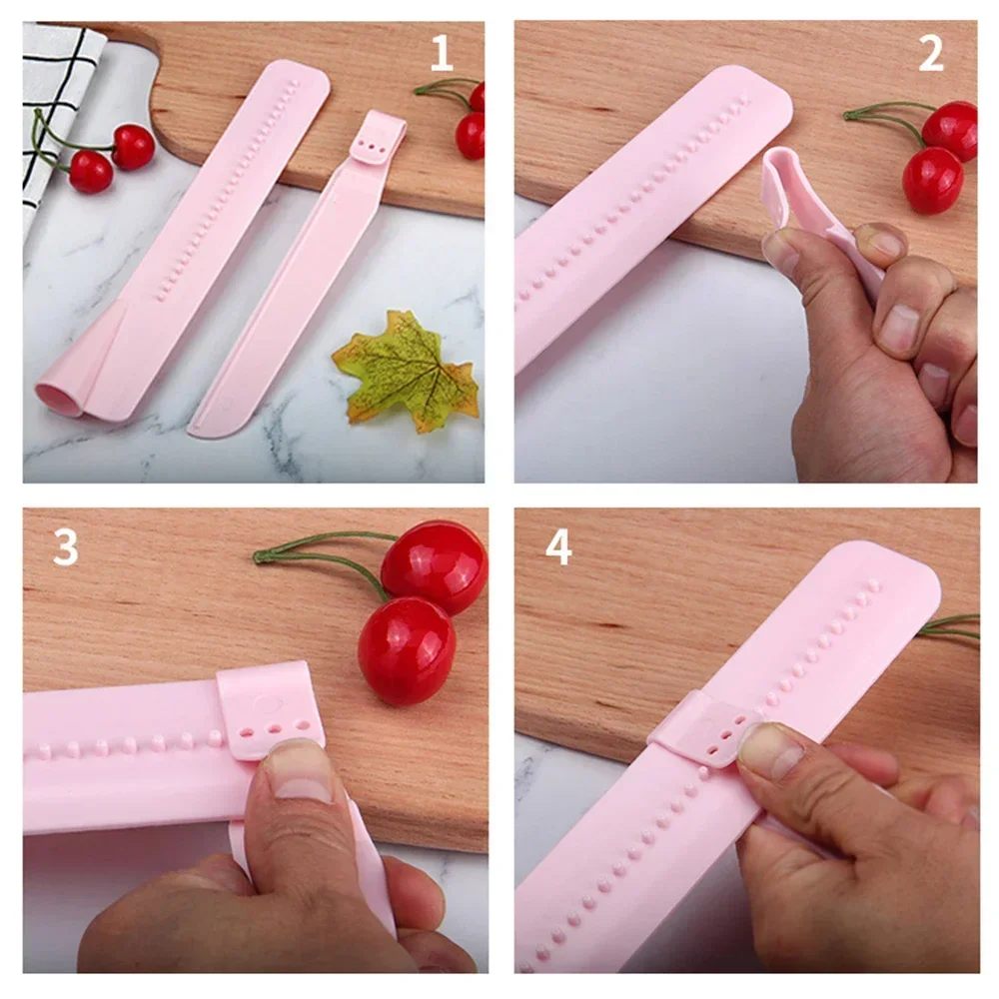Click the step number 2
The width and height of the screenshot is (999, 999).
(x=931, y=54)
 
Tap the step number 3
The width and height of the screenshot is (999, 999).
(x=65, y=546)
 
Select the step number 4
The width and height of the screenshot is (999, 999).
(x=558, y=546)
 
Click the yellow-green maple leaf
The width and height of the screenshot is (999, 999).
(x=407, y=370)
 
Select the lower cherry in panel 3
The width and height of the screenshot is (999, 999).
(x=407, y=650)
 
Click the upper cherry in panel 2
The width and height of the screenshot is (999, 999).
(x=949, y=131)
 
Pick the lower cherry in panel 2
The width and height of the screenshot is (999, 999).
(x=933, y=180)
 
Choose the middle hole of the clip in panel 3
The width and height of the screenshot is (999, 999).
(x=275, y=729)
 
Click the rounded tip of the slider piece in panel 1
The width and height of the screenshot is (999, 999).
(x=210, y=426)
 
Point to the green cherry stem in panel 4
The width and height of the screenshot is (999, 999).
(x=949, y=627)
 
